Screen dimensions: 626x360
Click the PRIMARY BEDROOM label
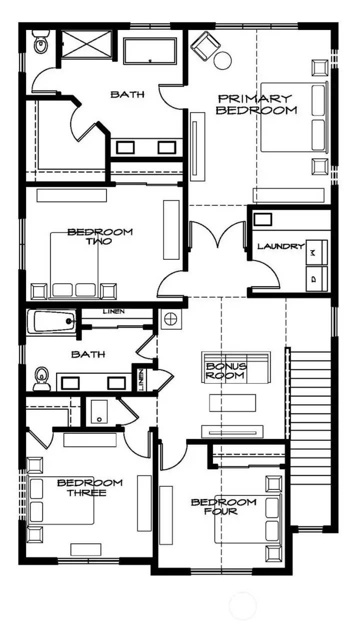point(253,105)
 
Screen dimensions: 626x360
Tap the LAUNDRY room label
point(281,246)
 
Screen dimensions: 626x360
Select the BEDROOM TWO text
point(100,236)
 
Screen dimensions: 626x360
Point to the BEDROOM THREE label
point(89,488)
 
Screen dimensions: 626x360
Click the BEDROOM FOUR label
point(223,507)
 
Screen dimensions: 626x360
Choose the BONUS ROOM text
point(226,371)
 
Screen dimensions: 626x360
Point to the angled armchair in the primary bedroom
point(205,45)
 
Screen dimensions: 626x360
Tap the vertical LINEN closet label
point(141,380)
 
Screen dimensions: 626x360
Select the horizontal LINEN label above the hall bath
point(114,312)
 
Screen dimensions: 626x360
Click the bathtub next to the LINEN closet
point(51,322)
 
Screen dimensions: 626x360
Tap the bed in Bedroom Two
point(75,265)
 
